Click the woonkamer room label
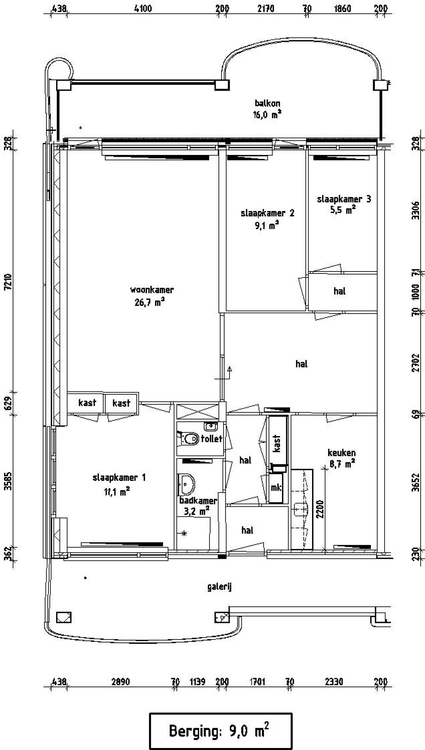point(152,290)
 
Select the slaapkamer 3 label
point(344,199)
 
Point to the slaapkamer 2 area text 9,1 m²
point(267,226)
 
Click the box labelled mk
point(276,487)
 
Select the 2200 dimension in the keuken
point(320,509)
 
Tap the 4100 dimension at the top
point(143,8)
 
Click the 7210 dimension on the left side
point(8,281)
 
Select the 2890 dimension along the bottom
point(121,682)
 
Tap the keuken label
point(341,453)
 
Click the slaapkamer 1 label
point(119,478)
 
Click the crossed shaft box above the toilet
point(197,412)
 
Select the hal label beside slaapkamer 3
point(339,291)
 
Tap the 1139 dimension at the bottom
point(197,682)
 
